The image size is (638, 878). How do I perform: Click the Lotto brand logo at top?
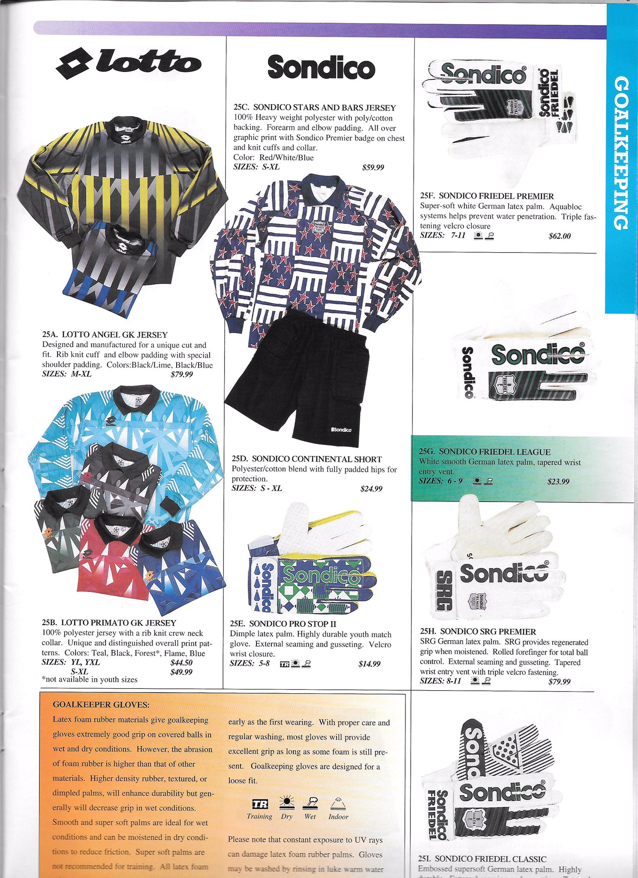point(129,63)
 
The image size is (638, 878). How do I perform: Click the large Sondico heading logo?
point(321,67)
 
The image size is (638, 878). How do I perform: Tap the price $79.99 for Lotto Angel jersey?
point(181,374)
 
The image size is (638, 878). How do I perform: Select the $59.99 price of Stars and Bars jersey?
point(373,167)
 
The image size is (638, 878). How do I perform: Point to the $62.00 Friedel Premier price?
point(560,236)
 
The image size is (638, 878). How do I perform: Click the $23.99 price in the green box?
point(558,481)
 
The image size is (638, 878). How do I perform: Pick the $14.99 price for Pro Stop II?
point(369,664)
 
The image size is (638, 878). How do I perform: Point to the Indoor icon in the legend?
point(338,802)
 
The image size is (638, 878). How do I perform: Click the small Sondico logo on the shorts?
point(342,430)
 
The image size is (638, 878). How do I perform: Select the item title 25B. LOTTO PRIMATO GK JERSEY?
point(109,622)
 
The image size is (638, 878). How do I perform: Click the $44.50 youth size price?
point(181,662)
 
